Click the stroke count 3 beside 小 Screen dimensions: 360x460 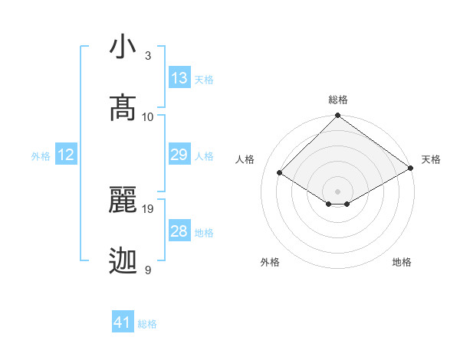pos(148,56)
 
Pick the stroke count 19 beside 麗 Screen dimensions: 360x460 pos(149,208)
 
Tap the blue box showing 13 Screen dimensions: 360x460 pos(179,78)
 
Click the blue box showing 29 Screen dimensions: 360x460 pos(179,155)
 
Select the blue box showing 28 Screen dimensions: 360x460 pos(179,231)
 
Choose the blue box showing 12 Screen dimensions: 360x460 pos(66,155)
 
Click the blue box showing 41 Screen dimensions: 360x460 pos(123,322)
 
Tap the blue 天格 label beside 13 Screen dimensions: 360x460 pos(204,80)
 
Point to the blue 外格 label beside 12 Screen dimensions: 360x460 pos(41,156)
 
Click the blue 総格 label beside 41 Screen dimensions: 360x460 pos(147,324)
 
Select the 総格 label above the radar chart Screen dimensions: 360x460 pos(338,100)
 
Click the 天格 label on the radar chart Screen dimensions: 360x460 pos(431,159)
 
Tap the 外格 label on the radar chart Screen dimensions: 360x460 pos(270,262)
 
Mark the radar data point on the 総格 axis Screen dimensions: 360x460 pos(338,116)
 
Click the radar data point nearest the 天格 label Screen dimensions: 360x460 pos(411,168)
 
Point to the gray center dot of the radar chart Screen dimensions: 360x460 pos(338,191)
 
